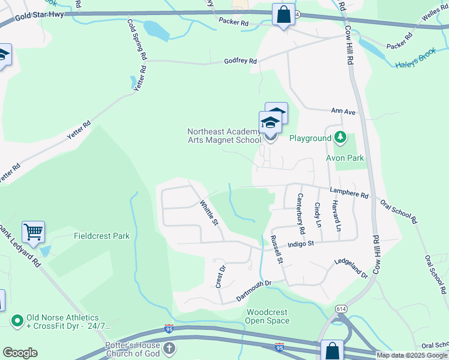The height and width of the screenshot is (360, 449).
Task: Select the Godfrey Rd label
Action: click(x=240, y=61)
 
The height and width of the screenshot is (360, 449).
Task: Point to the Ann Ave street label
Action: click(x=343, y=111)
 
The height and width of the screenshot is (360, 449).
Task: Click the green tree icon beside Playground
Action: click(x=340, y=138)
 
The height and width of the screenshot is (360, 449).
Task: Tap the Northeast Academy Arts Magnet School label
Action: click(x=224, y=136)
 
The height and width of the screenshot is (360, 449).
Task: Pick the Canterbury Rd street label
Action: click(x=301, y=210)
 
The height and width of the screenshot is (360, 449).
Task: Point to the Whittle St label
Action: click(x=209, y=212)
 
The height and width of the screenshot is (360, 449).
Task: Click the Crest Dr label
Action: click(x=220, y=276)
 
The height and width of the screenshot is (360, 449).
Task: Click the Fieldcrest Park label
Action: click(x=101, y=236)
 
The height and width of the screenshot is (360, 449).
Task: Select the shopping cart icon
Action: click(x=33, y=232)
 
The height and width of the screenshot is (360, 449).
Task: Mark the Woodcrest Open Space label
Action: click(x=267, y=316)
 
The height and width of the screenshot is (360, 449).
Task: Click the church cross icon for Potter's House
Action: click(x=170, y=349)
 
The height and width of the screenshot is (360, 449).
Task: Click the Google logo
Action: click(x=20, y=353)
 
